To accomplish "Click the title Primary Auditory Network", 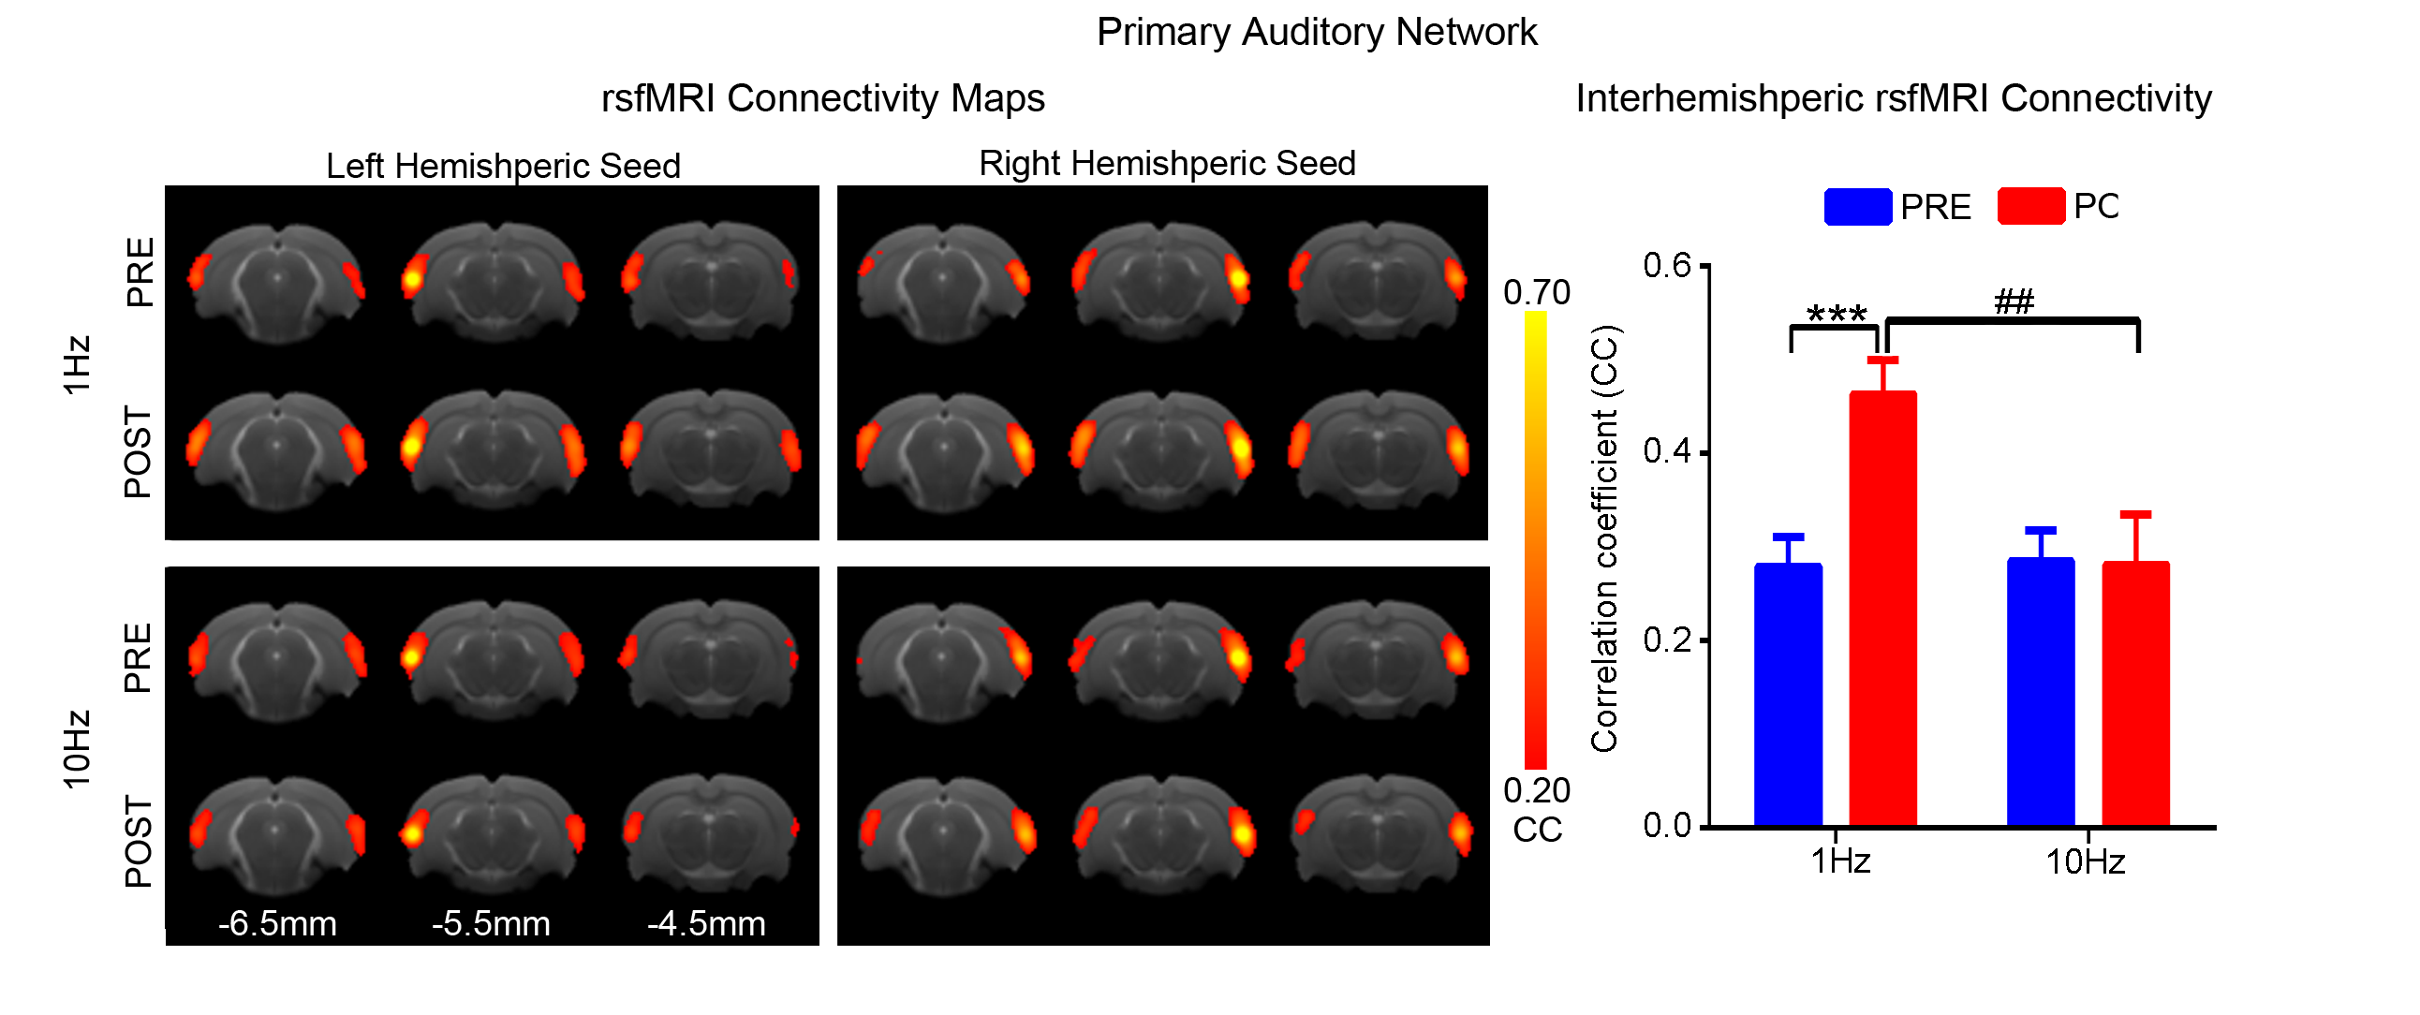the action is pos(1316,33).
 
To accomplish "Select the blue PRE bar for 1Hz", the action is pos(1788,695).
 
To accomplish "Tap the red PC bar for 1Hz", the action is pos(1882,610).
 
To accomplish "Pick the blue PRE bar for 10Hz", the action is pos(2041,692).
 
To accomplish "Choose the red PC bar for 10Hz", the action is pos(2135,694).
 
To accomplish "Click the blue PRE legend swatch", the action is pos(1857,207).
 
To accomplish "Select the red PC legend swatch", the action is pos(2030,207).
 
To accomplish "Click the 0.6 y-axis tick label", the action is pos(1667,266).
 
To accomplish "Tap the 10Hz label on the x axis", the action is pos(2085,862).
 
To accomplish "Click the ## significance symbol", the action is pos(2014,302).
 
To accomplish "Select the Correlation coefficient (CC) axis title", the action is pos(1604,539).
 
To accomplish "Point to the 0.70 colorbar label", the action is pos(1536,293).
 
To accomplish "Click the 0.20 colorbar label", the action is pos(1536,791).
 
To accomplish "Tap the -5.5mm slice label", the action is pos(491,924).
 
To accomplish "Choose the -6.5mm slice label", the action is pos(277,924).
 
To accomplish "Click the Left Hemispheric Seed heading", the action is pos(503,166).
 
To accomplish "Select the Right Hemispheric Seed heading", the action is pos(1167,163).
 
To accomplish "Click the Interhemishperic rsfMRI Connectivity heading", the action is pos(1893,98).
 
